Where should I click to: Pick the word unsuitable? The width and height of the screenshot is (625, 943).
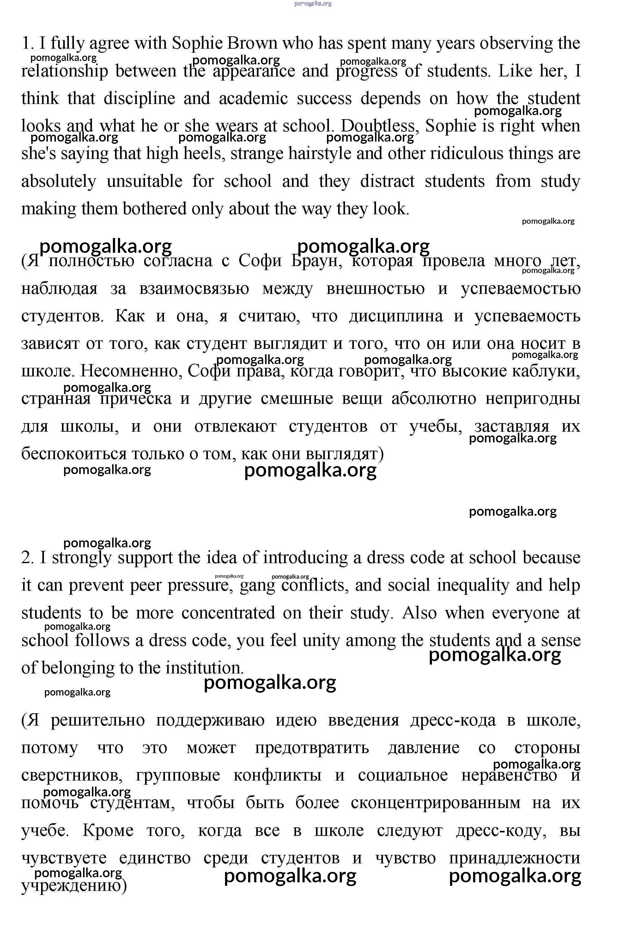(x=144, y=181)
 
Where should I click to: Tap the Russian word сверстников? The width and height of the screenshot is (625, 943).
(x=72, y=775)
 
